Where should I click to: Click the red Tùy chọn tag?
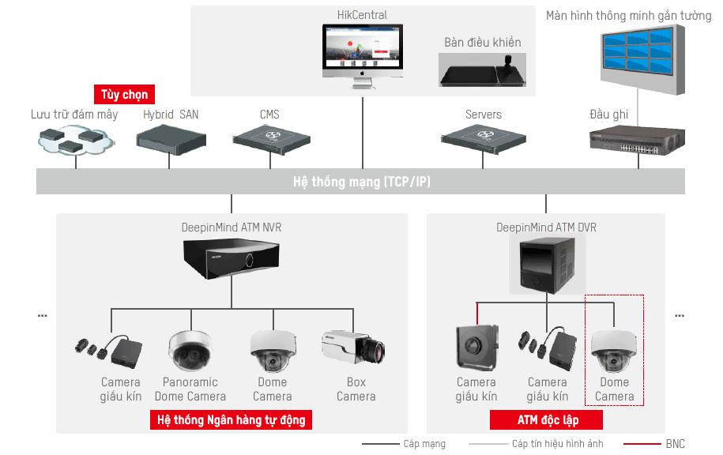click(124, 95)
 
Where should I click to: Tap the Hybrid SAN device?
click(170, 140)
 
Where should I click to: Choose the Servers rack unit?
click(483, 140)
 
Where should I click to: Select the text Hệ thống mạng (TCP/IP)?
click(362, 182)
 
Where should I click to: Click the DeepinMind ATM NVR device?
click(231, 258)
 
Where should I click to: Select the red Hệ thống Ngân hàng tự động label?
click(231, 419)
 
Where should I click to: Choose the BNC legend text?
click(675, 444)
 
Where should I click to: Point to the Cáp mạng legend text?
click(424, 444)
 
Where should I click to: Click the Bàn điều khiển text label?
click(482, 43)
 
